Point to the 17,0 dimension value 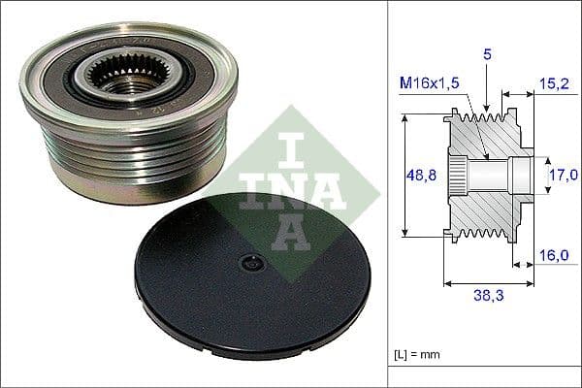point(561,175)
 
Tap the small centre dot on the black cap point(250,262)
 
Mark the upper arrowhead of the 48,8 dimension point(404,117)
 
